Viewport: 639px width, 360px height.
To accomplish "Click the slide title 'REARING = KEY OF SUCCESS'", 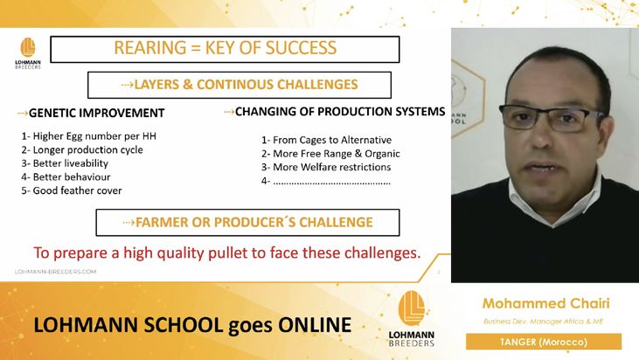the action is (x=225, y=48).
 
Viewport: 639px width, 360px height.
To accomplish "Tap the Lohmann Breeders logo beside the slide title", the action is (x=28, y=53).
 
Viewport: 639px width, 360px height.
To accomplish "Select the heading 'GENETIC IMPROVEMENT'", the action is (x=96, y=113).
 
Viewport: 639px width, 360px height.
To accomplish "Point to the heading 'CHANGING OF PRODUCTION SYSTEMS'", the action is (x=340, y=111).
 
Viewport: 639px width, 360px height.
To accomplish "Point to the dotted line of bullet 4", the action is (x=331, y=183).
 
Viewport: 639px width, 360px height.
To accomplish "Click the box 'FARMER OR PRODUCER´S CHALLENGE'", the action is (x=247, y=222).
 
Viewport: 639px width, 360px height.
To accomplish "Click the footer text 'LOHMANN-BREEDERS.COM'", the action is (x=55, y=272).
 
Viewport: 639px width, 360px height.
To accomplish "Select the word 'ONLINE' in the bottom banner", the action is (x=315, y=325).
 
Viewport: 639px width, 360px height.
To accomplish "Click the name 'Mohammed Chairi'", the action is (x=545, y=303).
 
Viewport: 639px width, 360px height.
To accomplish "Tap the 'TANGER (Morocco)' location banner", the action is (x=544, y=342).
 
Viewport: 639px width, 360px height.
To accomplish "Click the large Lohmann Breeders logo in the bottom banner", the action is (x=412, y=319).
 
